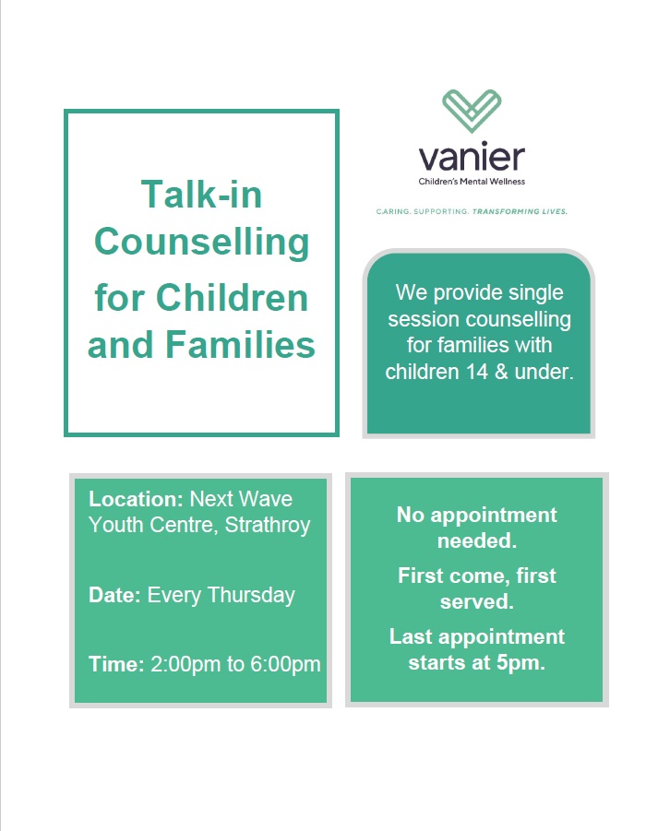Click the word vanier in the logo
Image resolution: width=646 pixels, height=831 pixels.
(x=472, y=158)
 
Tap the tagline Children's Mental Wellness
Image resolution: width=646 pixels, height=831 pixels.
(x=472, y=181)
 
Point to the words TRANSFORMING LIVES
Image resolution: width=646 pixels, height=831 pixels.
(x=520, y=211)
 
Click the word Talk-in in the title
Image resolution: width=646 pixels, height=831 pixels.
(x=201, y=195)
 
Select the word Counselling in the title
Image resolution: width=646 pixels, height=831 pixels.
(x=201, y=242)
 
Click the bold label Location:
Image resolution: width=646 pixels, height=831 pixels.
(x=136, y=499)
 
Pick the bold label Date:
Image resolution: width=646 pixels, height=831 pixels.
(x=114, y=595)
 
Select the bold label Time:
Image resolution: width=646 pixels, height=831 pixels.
(x=116, y=664)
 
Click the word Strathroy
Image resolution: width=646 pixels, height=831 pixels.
(x=268, y=525)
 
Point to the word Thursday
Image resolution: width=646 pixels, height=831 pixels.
(x=251, y=595)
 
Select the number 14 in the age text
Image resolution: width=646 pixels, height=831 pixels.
(x=479, y=373)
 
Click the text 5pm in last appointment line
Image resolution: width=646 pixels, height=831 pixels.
(x=523, y=663)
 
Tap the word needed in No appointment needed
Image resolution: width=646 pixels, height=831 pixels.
(x=476, y=540)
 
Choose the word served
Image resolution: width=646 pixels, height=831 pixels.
(x=476, y=602)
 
